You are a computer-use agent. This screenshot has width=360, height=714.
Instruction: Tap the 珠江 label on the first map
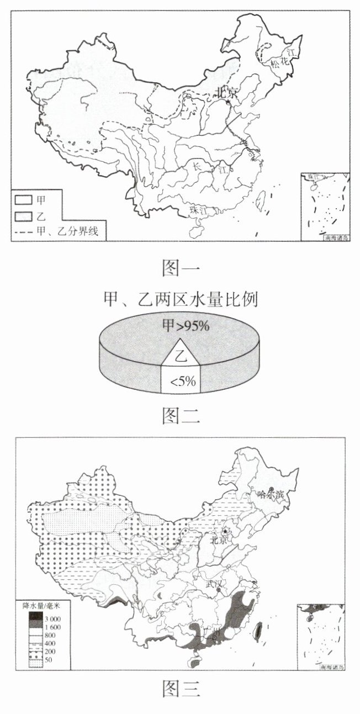[x=197, y=210]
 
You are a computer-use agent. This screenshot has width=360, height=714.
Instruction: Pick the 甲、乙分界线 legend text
[x=67, y=231]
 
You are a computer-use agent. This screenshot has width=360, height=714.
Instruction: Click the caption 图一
[x=180, y=268]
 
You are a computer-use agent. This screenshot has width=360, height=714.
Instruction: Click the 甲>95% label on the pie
[x=185, y=326]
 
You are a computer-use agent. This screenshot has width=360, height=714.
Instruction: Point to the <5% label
[x=179, y=382]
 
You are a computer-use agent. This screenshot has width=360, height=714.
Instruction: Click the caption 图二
[x=180, y=416]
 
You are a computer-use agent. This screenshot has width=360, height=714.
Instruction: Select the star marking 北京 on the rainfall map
[x=225, y=531]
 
